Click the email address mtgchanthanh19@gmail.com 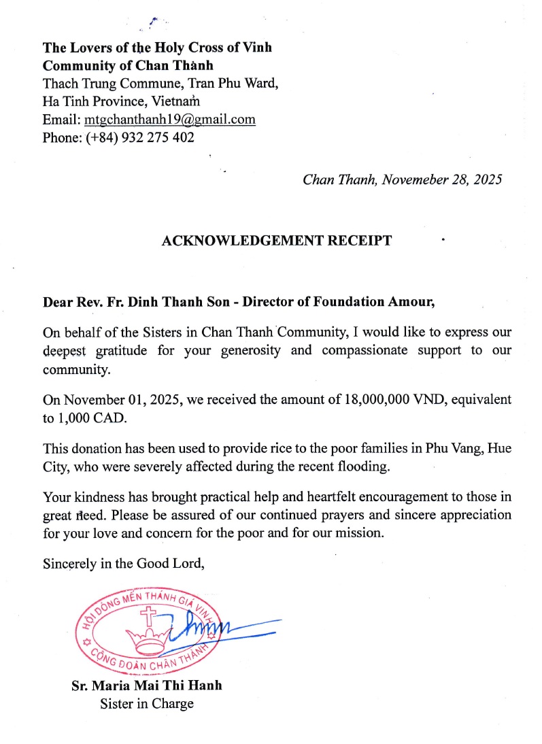pos(169,120)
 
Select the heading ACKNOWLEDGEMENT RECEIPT pos(276,241)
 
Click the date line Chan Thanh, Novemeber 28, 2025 pos(402,180)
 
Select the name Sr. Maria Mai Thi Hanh pos(147,686)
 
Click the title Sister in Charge pos(147,703)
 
